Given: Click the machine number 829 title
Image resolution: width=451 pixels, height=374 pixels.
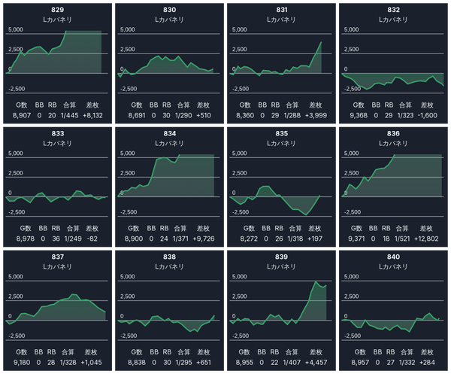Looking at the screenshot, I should coord(57,10).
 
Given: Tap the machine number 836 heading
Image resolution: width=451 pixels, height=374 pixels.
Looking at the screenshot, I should coord(393,133).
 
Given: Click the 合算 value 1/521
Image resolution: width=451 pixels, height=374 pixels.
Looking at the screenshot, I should coord(405,239).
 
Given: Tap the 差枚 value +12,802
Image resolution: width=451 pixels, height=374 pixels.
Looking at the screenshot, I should coord(427,239).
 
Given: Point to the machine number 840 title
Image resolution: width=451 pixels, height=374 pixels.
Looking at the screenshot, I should coord(393,257).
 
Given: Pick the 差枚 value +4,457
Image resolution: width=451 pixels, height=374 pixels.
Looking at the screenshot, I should coord(316,362).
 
